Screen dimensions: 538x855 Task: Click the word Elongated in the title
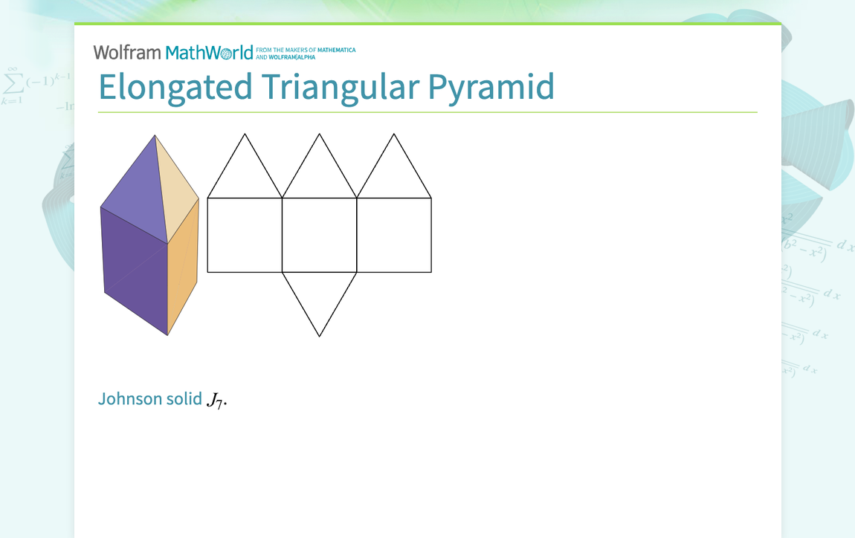point(175,88)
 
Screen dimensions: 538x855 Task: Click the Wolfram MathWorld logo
point(172,53)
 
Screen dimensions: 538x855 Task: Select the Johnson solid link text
point(149,398)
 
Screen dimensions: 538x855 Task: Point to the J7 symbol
point(216,401)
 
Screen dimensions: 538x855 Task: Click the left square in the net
point(245,235)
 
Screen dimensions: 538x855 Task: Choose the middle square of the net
point(320,235)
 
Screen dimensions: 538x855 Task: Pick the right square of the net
point(394,235)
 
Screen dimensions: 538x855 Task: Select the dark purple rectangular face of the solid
point(135,268)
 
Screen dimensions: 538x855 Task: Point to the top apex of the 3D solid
point(155,135)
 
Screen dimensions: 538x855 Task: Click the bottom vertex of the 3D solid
point(168,335)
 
